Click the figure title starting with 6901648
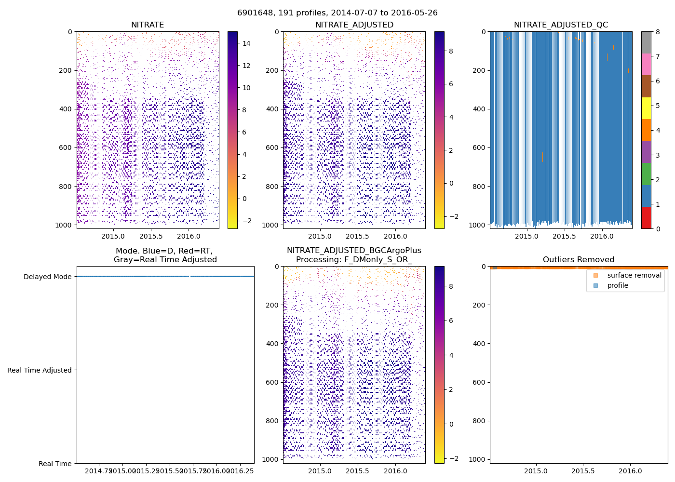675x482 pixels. [337, 13]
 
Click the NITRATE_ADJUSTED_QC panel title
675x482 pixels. [561, 25]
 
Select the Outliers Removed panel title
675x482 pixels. [579, 260]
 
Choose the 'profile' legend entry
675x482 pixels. [618, 285]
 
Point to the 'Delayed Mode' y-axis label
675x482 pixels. [47, 277]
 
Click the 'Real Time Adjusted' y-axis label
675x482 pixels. [40, 370]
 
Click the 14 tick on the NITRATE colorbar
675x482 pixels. [246, 43]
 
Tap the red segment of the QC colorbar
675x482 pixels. [646, 217]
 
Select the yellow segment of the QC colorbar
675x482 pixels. [646, 108]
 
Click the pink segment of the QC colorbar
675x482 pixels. [646, 64]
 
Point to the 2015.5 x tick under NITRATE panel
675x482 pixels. [151, 236]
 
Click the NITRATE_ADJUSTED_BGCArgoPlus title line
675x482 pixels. [354, 251]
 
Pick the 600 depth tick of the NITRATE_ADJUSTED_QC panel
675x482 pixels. [480, 148]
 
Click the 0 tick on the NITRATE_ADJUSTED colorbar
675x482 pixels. [451, 183]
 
